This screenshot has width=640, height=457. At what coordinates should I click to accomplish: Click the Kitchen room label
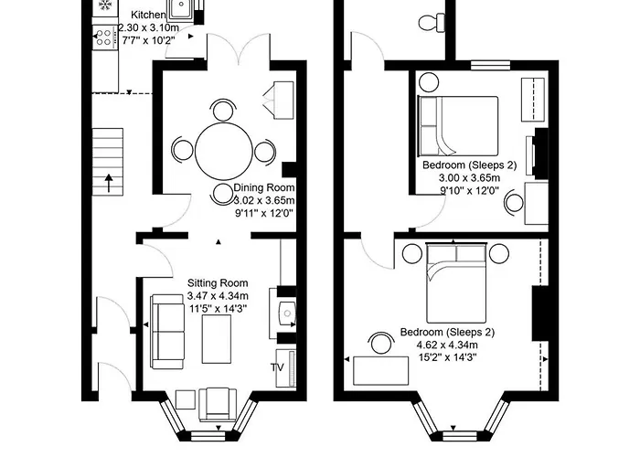[148, 16]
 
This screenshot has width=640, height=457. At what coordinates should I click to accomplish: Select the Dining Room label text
[265, 187]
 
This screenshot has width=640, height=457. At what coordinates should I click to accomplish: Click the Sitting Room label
[217, 283]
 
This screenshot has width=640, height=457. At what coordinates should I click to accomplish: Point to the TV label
[277, 368]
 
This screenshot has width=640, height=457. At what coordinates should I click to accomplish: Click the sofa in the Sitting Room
[166, 329]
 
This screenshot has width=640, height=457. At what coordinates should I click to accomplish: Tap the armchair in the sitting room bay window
[218, 401]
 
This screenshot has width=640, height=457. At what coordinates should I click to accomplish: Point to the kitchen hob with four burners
[102, 37]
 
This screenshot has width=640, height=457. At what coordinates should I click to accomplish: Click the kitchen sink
[182, 10]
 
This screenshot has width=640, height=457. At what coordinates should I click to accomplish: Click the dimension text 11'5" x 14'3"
[217, 309]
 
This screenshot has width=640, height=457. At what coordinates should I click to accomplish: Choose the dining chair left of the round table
[183, 150]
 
